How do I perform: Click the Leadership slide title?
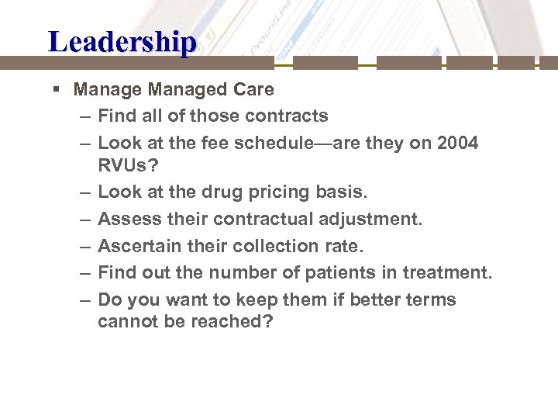[122, 42]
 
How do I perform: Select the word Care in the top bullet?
[253, 89]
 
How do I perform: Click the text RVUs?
[129, 164]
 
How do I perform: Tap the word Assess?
[126, 219]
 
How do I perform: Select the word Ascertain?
[137, 246]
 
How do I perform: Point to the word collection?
[278, 246]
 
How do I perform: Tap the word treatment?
[451, 273]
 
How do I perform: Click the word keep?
[249, 300]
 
